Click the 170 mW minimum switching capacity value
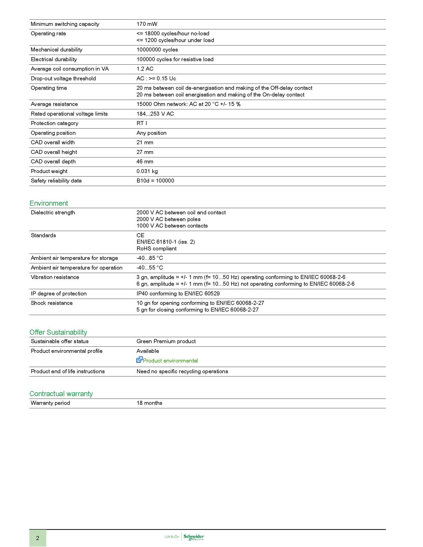(x=147, y=24)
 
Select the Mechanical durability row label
(x=56, y=49)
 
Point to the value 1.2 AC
(x=145, y=69)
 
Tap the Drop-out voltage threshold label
(x=63, y=78)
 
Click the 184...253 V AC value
(x=155, y=114)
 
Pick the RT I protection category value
(x=142, y=123)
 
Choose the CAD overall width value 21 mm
(x=145, y=142)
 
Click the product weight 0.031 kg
(x=147, y=171)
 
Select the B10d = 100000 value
(x=155, y=181)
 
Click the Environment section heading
(x=49, y=203)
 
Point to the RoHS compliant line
(x=156, y=248)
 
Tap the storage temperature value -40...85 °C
(x=150, y=258)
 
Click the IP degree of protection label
(x=59, y=294)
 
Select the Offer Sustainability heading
(x=58, y=332)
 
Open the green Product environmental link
(x=170, y=361)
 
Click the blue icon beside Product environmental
(x=139, y=360)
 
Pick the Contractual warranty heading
(x=61, y=394)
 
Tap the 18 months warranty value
(x=149, y=403)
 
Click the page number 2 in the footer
(x=38, y=538)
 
